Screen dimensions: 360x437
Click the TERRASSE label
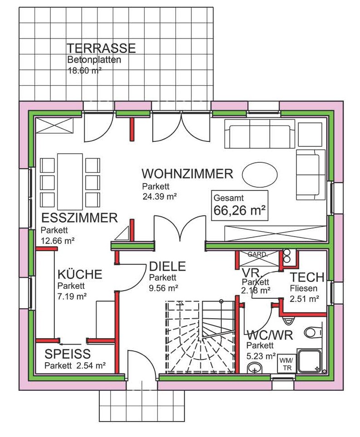click(101, 48)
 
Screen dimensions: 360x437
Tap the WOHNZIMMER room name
click(187, 174)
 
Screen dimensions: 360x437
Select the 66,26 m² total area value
click(239, 210)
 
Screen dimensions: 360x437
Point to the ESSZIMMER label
click(79, 218)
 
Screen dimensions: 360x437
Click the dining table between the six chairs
click(70, 181)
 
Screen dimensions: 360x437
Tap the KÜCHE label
click(80, 274)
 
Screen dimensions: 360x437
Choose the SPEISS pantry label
click(68, 354)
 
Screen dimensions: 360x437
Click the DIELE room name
click(167, 267)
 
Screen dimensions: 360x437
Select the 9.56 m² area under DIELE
click(163, 288)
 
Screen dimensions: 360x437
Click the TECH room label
click(307, 277)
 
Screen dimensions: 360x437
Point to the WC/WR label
click(270, 335)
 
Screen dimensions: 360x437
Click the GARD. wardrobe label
click(258, 254)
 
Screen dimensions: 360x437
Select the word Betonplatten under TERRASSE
click(94, 60)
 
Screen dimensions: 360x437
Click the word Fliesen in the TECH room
click(303, 288)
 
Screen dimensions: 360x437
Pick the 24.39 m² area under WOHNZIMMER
click(160, 196)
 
